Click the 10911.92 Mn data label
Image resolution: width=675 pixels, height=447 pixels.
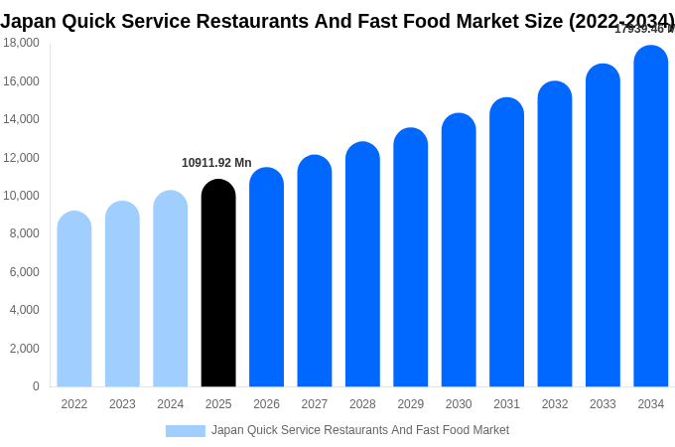tap(216, 163)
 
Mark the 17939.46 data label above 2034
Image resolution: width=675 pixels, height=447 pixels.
tap(643, 29)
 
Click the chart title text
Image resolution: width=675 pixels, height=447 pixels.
tap(337, 21)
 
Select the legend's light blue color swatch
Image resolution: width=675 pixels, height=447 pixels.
tap(186, 431)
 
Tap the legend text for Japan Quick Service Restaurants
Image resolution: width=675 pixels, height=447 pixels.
tap(360, 430)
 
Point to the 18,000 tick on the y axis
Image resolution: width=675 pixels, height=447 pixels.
tap(21, 43)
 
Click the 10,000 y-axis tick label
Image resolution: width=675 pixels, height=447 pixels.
tap(21, 196)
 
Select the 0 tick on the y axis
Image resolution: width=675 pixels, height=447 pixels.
tap(36, 386)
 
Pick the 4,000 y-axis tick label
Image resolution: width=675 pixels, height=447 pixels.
tap(24, 310)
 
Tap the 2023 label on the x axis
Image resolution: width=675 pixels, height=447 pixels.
tap(122, 404)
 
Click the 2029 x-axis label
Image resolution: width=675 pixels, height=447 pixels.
tap(411, 404)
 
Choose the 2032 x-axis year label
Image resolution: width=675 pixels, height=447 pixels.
tap(555, 404)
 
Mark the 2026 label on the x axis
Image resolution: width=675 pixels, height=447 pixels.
tap(266, 404)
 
